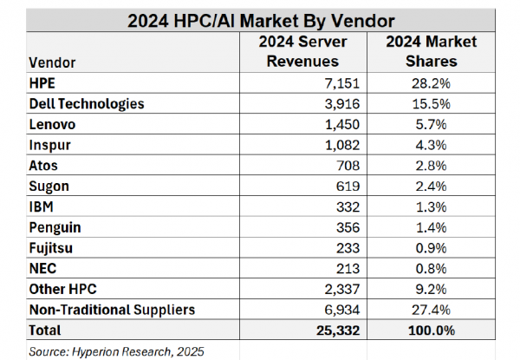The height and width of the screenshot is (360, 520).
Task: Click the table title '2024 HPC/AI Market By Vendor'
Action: (259, 16)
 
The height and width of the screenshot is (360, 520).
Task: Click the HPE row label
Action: (42, 84)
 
